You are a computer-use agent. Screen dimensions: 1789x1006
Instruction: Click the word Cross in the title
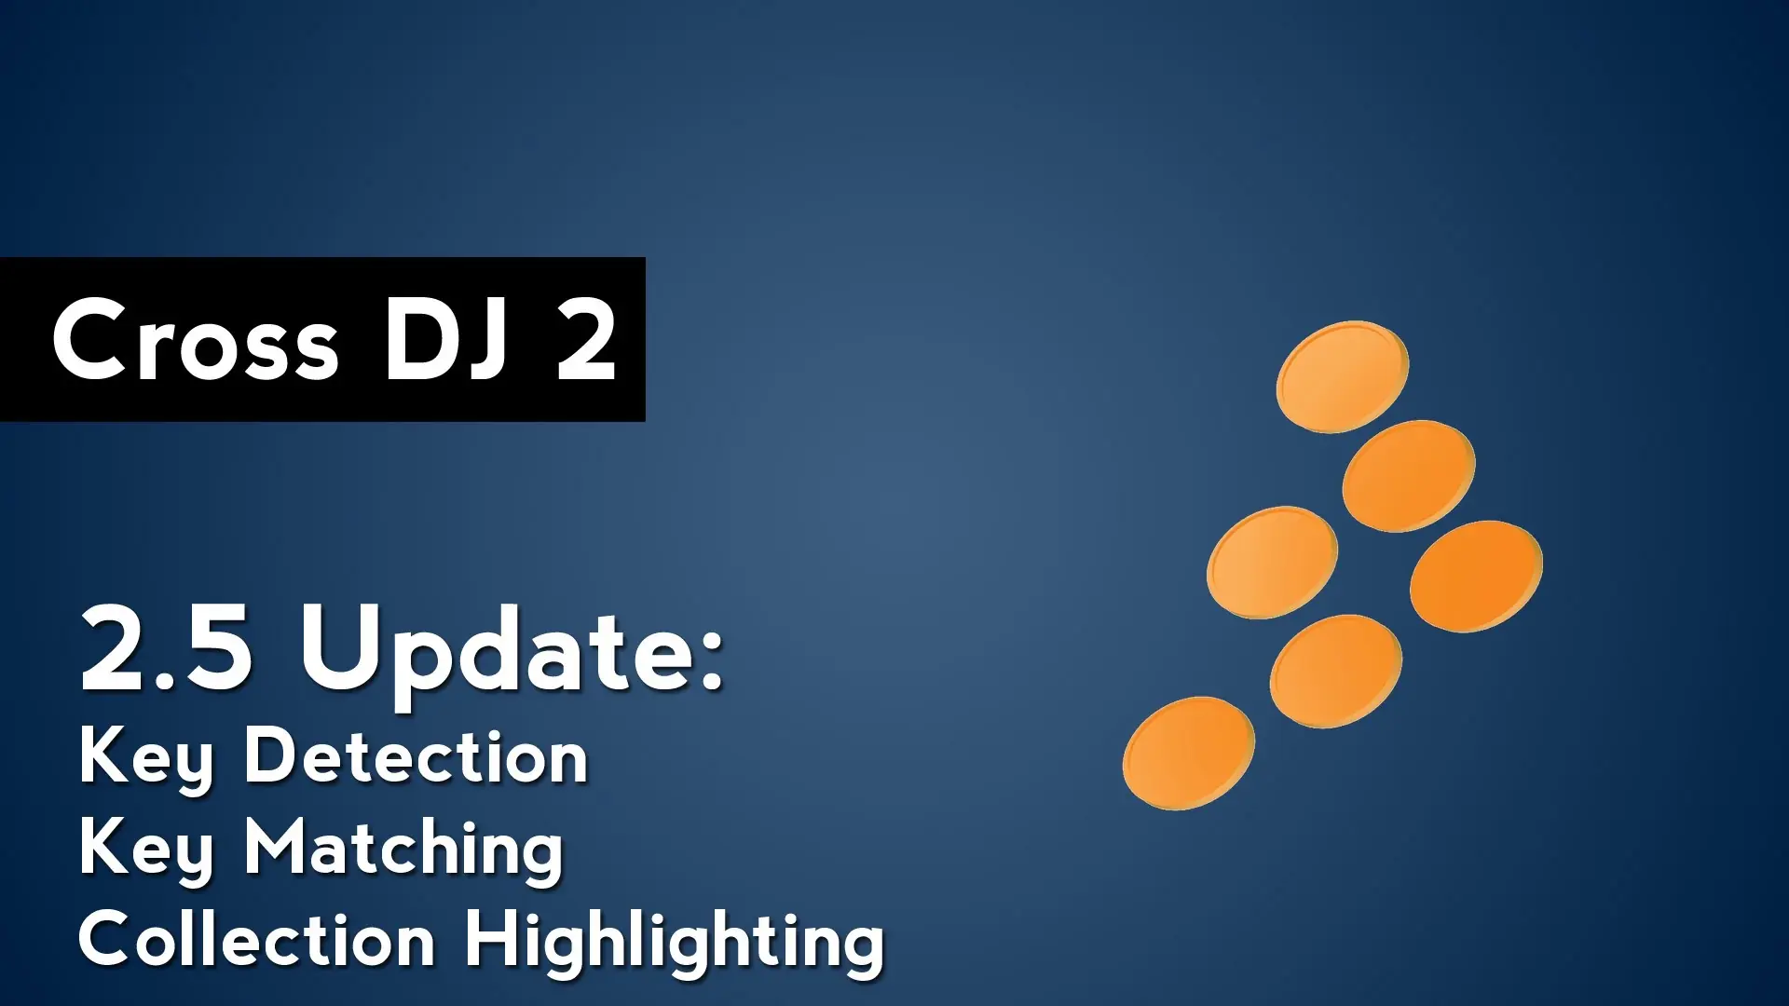coord(196,340)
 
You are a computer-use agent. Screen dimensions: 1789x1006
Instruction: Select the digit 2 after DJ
coord(587,340)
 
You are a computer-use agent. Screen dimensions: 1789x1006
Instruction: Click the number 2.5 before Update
coord(166,647)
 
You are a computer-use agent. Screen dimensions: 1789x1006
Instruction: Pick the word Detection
coord(416,755)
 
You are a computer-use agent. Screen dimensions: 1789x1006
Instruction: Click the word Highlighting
coord(675,943)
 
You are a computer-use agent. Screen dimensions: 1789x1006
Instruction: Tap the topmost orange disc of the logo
coord(1343,376)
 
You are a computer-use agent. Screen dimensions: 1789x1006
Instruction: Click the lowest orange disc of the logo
coord(1189,753)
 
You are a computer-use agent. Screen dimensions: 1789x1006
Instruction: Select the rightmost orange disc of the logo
coord(1477,576)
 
